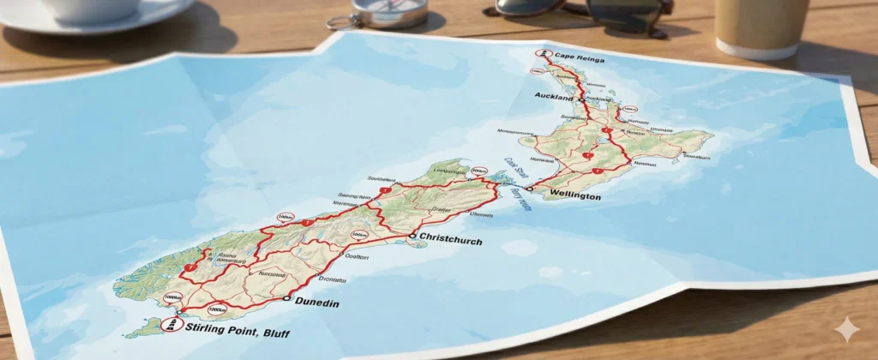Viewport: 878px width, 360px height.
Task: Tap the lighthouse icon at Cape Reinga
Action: (x=542, y=54)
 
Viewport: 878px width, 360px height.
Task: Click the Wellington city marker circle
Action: (x=530, y=188)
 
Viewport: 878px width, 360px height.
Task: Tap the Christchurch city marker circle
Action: (x=412, y=236)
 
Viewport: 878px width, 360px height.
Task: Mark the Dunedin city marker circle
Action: (x=286, y=298)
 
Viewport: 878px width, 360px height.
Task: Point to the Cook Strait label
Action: (x=512, y=168)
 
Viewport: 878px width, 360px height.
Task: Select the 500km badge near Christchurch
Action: (x=478, y=172)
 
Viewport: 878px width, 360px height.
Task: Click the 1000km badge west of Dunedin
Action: (x=217, y=309)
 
